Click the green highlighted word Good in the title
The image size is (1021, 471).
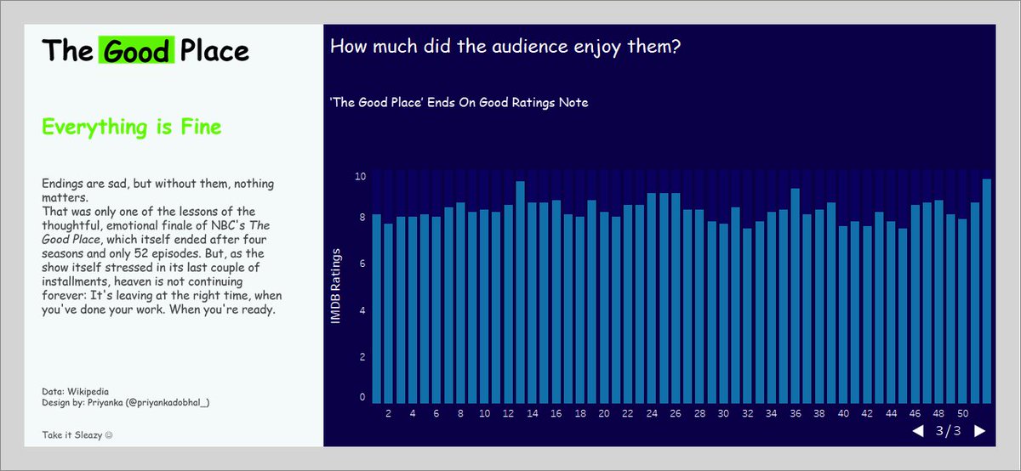click(x=136, y=51)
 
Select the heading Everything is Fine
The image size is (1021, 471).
click(x=132, y=128)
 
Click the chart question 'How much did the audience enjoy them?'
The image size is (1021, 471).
click(x=505, y=46)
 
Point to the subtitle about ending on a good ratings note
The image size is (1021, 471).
click(x=459, y=103)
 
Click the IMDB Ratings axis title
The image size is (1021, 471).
click(x=336, y=286)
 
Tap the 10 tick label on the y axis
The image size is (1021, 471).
click(x=360, y=177)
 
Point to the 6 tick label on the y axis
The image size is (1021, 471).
click(x=362, y=264)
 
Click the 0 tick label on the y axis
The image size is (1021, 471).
click(x=362, y=397)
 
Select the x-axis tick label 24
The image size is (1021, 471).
click(x=652, y=414)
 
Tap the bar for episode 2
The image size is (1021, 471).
click(x=388, y=314)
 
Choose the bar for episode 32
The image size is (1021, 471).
click(x=747, y=316)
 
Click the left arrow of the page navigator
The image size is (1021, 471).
click(x=917, y=431)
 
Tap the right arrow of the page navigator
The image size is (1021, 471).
click(x=979, y=431)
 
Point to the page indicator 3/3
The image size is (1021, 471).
click(x=948, y=431)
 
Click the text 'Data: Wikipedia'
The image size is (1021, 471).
click(x=75, y=391)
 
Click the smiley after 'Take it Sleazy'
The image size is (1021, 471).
click(x=108, y=435)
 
